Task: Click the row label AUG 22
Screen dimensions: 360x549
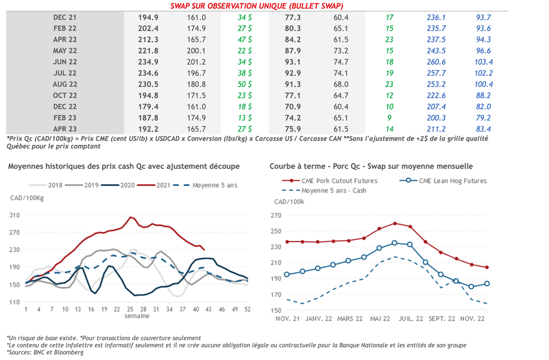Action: pos(65,84)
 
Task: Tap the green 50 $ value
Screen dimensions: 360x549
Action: pos(244,84)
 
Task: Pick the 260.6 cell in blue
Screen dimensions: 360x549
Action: pos(437,62)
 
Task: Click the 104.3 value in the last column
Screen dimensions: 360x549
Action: pos(484,62)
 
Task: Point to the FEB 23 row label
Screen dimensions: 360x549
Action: pos(65,117)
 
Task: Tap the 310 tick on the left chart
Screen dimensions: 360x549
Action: pos(15,215)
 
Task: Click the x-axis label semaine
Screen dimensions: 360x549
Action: pos(137,316)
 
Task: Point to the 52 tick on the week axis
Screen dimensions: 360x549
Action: pos(247,309)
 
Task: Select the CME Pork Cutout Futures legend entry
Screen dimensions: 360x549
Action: pos(346,181)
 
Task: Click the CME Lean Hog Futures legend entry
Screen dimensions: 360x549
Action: pos(452,181)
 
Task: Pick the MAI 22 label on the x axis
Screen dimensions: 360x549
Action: pos(379,319)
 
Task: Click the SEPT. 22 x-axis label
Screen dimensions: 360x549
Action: pos(442,319)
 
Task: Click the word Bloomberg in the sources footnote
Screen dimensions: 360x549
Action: pos(69,352)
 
